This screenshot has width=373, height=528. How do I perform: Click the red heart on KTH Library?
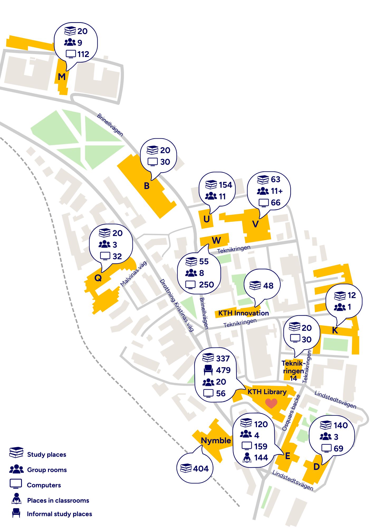pos(271,403)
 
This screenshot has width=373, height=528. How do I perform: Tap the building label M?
pos(62,77)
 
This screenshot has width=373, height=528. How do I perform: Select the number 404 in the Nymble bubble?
pos(201,469)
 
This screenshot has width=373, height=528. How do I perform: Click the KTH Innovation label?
pos(243,313)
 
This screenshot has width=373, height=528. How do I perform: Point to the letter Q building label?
pos(98,278)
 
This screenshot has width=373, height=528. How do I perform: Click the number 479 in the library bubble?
pos(223,370)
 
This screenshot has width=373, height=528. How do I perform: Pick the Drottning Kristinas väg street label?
pos(177,305)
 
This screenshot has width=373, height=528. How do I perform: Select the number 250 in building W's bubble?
pos(206,285)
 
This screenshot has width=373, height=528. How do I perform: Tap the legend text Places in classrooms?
pos(58,500)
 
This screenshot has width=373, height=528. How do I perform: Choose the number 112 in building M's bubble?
pos(83,54)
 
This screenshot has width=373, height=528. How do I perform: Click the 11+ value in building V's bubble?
pos(277,191)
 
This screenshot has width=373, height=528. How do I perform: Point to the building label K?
pos(335,330)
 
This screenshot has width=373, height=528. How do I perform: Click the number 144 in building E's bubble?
pos(261,457)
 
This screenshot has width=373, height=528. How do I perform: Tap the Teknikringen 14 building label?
pos(293,371)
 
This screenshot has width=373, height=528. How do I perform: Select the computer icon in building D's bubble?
pos(326,448)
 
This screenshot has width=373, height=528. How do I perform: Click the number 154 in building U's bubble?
pos(226,185)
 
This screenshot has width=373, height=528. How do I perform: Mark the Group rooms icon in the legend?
pos(16,469)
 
